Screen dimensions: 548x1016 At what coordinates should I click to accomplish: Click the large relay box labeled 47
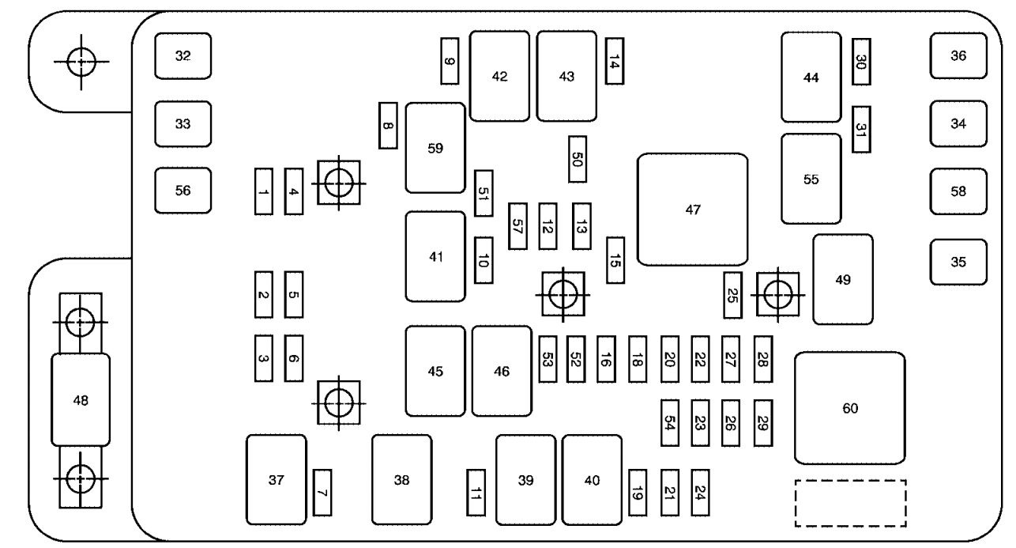point(692,210)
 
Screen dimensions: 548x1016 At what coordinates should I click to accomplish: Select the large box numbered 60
point(849,408)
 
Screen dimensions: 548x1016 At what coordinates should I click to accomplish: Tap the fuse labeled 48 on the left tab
point(81,400)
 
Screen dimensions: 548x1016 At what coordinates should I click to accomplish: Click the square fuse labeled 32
point(183,56)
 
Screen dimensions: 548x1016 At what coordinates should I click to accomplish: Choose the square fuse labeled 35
point(958,262)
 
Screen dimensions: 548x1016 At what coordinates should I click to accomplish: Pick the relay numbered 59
point(435,148)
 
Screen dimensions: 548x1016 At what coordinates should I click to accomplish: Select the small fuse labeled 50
point(577,160)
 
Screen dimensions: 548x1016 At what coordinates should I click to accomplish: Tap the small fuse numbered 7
point(322,492)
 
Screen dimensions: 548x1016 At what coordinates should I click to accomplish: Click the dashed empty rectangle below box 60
point(850,503)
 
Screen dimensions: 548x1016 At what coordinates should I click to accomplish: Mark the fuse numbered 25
point(732,295)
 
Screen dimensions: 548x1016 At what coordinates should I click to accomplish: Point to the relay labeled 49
point(843,279)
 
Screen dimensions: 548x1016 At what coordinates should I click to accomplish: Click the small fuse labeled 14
point(614,61)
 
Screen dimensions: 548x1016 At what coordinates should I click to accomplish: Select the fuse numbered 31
point(861,129)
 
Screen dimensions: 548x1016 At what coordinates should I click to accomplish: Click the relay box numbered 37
point(276,479)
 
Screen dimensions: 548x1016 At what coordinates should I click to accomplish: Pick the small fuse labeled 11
point(476,492)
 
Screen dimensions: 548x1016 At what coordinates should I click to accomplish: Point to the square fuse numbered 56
point(183,191)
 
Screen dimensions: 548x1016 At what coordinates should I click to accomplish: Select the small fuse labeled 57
point(517,226)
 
